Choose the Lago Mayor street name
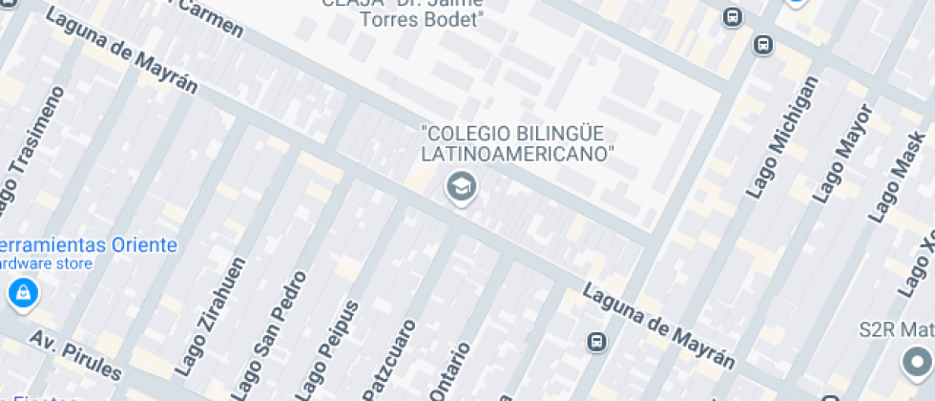(x=843, y=153)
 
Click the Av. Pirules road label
(x=75, y=354)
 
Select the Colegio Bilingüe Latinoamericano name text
(x=517, y=143)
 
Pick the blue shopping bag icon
(x=22, y=292)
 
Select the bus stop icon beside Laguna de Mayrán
(x=596, y=341)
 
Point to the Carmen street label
(x=209, y=18)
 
